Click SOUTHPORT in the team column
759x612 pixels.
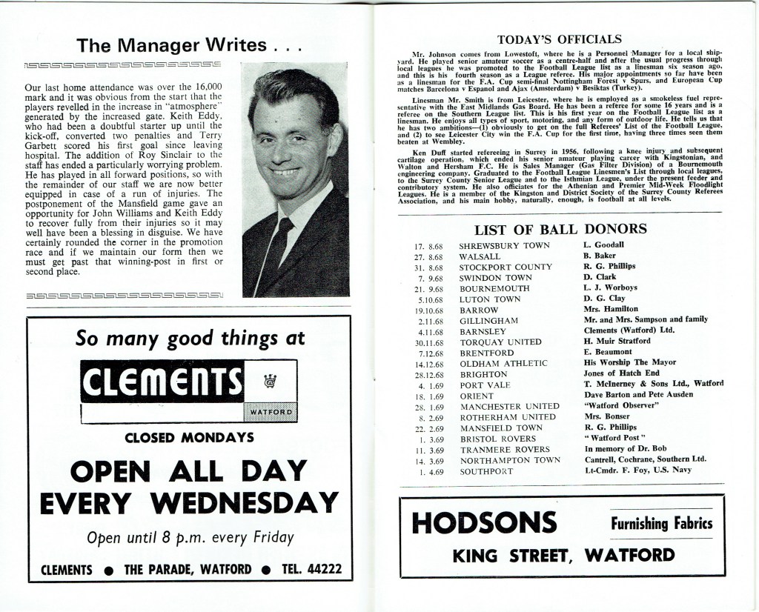tap(485, 471)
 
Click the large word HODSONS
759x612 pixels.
tap(484, 523)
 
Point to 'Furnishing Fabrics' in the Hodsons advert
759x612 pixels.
tap(661, 524)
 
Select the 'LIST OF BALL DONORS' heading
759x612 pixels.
tap(560, 229)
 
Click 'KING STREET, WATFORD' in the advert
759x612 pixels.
tap(564, 555)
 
